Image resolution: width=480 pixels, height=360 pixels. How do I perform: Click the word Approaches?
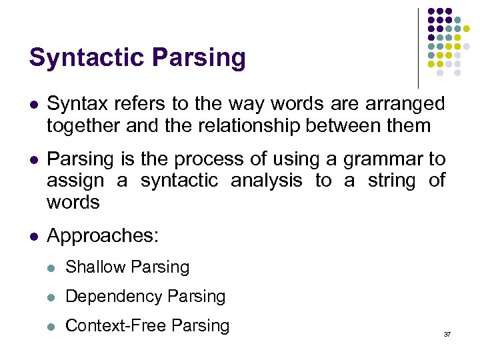coord(103,236)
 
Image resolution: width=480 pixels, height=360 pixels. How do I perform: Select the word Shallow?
coord(94,267)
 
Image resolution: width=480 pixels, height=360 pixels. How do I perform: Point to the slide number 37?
coord(447,333)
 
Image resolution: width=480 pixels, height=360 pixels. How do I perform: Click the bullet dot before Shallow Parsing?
coord(51,268)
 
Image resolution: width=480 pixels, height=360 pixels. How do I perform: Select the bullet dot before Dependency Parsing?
coord(51,297)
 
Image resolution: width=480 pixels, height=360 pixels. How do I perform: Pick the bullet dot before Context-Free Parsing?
coord(51,327)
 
